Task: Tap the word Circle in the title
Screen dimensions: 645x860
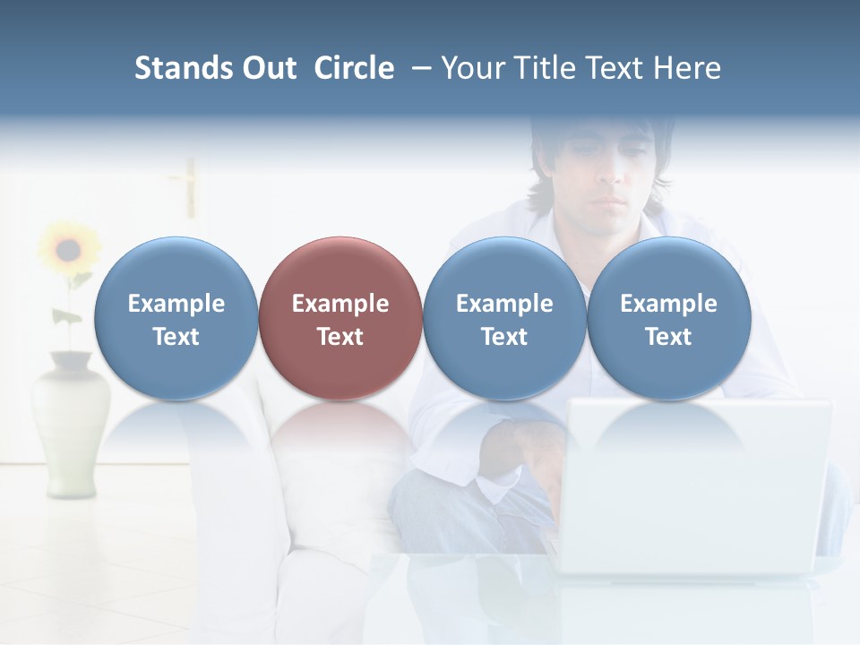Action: coord(354,68)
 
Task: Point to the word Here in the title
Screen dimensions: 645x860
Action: coord(688,68)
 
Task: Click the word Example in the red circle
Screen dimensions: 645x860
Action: coord(340,304)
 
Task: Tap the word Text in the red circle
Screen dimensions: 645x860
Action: coord(340,337)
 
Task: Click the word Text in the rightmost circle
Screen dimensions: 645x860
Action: coord(668,337)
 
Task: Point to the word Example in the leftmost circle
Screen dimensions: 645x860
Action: coord(176,304)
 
